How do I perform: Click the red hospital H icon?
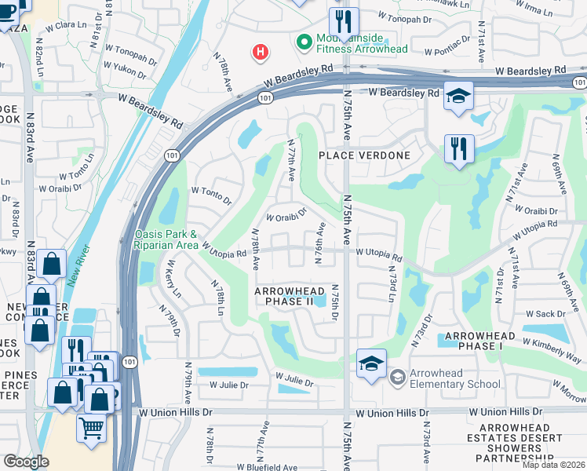tap(261, 53)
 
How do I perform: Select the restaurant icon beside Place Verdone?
tap(458, 148)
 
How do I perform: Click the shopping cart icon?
tap(92, 429)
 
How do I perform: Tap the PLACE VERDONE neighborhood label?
tap(364, 155)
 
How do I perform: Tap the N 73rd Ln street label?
tap(391, 283)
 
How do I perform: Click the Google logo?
tap(26, 462)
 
